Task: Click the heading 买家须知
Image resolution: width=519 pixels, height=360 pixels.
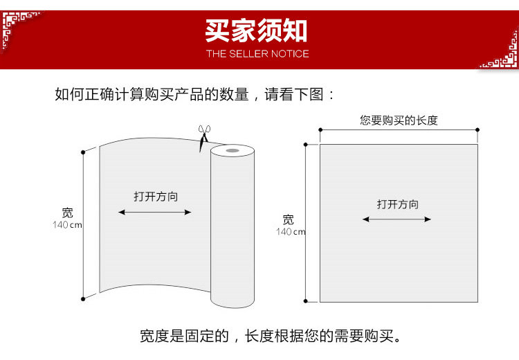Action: coord(256,30)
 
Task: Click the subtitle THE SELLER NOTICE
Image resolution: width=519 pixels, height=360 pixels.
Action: coord(257,53)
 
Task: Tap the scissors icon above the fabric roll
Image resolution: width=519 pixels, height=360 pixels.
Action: coord(203,136)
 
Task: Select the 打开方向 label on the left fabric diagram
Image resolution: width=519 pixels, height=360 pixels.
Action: coord(156,197)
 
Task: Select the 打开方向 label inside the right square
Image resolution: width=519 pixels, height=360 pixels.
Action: coord(397,204)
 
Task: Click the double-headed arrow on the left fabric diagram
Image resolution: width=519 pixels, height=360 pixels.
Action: coord(155,212)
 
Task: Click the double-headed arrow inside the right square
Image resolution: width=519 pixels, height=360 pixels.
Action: coord(397,219)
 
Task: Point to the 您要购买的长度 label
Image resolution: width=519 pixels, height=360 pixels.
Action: coord(399,120)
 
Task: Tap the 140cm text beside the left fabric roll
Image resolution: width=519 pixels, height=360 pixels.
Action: coord(67,225)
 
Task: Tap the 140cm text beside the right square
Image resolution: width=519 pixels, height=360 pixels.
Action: coord(291,232)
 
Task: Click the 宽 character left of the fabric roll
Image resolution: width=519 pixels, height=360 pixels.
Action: coord(67,213)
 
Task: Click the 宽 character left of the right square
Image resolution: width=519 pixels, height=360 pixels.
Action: coord(289,219)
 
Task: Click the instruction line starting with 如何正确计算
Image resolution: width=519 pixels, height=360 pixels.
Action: coord(194,94)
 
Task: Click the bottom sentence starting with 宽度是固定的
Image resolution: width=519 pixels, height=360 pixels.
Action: coord(271,337)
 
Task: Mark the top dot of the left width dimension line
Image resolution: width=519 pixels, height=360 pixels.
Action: coord(83,150)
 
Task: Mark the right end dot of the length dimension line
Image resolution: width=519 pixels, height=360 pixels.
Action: coord(477,129)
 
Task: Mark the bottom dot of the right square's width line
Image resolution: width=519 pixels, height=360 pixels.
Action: coord(305,301)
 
